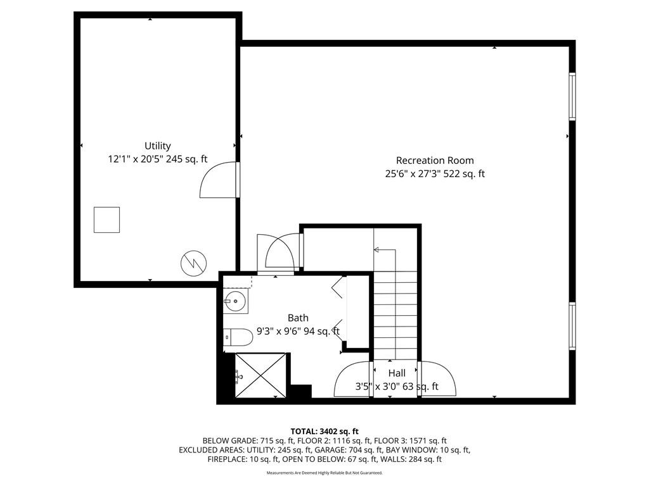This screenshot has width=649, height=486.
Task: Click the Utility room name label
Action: pos(157,146)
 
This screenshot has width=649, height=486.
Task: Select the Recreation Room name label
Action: pos(435,160)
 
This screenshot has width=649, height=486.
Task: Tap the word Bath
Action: pos(298,318)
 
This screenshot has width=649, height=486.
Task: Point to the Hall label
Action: pos(397,373)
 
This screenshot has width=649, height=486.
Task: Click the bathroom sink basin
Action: pos(236,301)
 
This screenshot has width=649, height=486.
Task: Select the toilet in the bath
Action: pos(238,338)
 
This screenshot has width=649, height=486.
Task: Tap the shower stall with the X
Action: pos(260,375)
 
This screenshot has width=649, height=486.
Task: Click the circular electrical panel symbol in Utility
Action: pos(194,263)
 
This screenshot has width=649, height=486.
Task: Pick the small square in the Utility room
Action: pos(106,220)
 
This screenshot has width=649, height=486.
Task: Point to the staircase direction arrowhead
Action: pos(376,249)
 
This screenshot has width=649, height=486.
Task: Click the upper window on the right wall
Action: pos(572,96)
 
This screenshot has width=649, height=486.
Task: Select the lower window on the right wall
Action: pos(572,326)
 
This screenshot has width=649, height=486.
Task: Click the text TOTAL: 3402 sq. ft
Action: pos(324,432)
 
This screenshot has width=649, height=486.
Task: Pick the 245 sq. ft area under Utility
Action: pos(187,159)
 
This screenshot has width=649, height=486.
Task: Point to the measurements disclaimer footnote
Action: pos(324,473)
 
